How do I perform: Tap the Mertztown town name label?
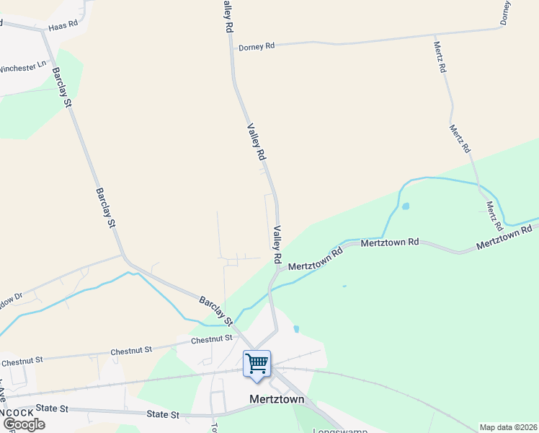click(276, 399)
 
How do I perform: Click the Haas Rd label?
click(63, 27)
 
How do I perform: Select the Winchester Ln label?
click(22, 69)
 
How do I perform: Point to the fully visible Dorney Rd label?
click(257, 46)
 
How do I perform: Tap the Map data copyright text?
click(508, 427)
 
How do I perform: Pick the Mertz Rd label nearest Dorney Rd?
click(440, 57)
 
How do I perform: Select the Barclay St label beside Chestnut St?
click(216, 310)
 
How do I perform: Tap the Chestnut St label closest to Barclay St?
click(213, 338)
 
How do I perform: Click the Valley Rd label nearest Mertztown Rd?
click(276, 244)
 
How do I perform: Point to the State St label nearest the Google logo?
click(51, 408)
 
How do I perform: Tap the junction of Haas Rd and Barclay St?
click(43, 31)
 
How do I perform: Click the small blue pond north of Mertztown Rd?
click(405, 206)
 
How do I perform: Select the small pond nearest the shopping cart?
click(296, 329)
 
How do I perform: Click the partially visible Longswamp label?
click(339, 431)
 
